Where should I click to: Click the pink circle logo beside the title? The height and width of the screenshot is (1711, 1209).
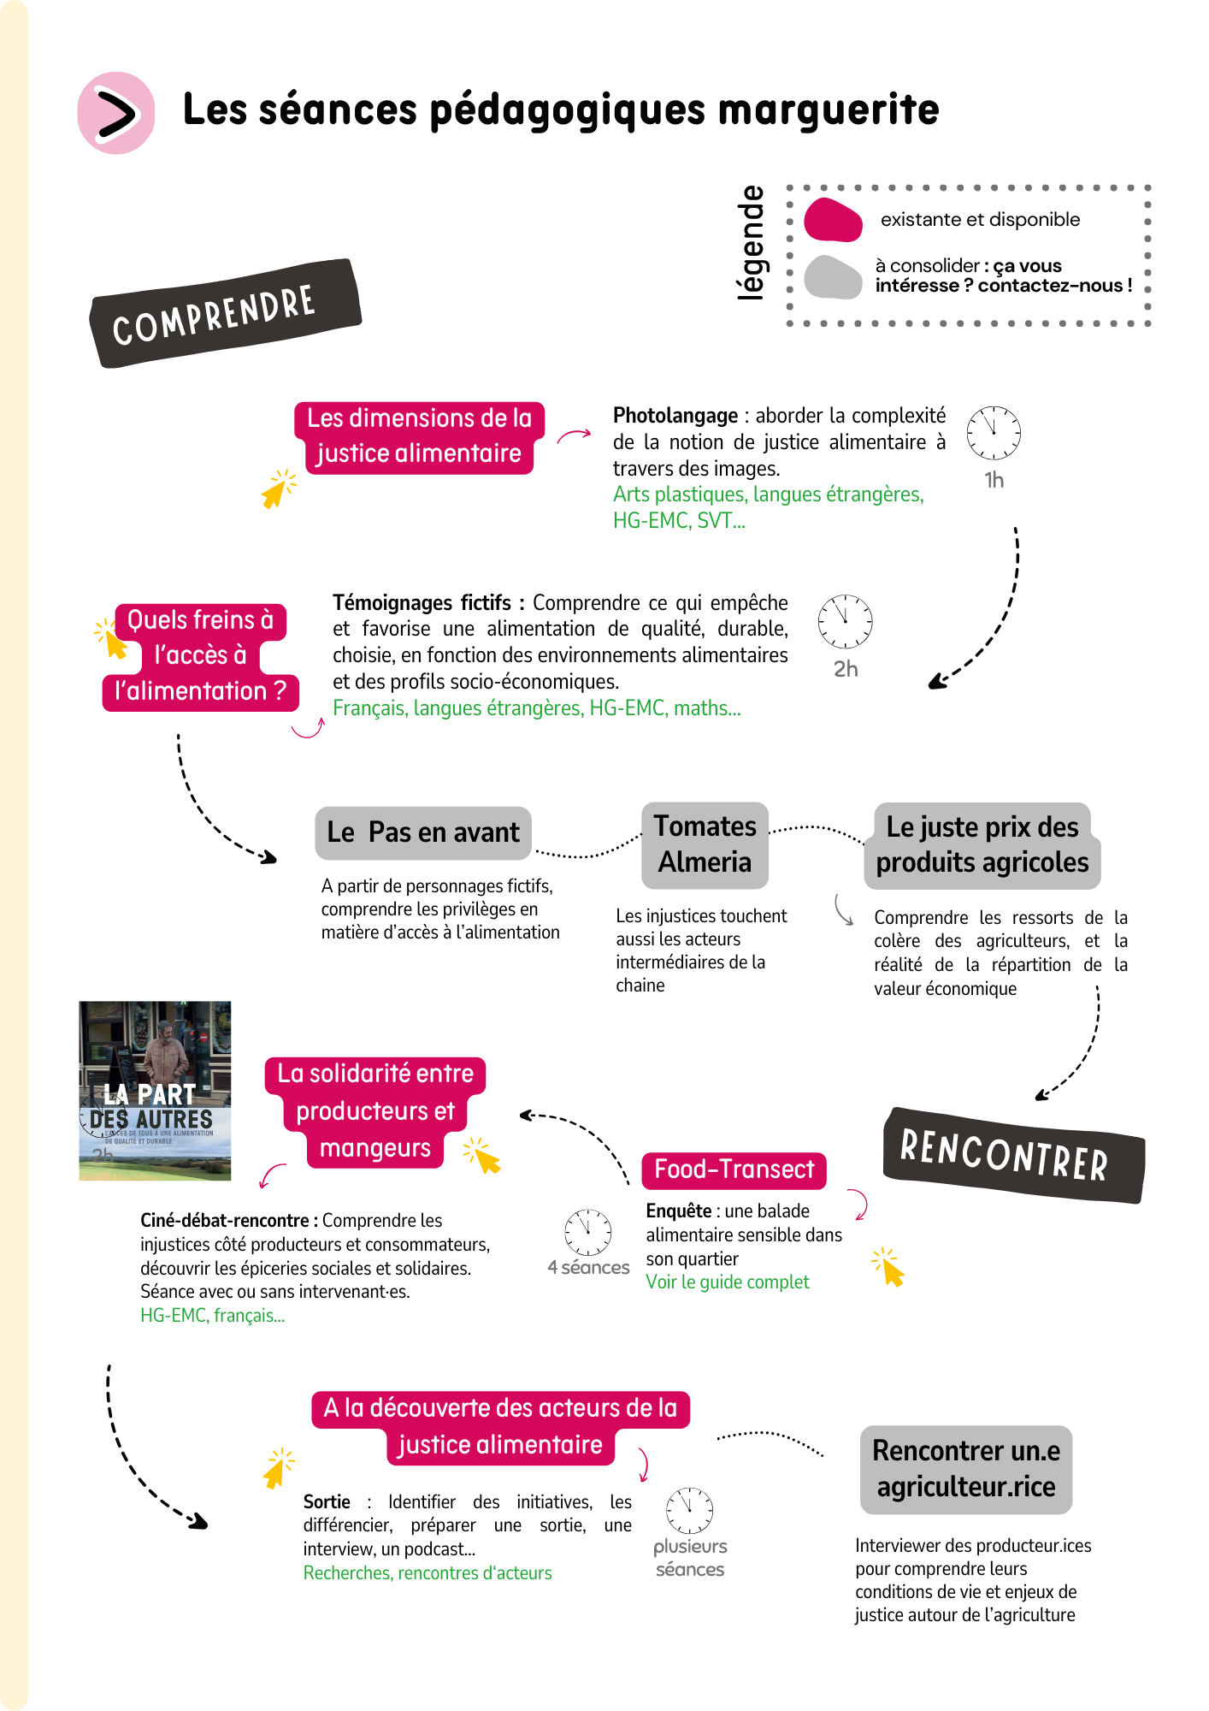(x=115, y=113)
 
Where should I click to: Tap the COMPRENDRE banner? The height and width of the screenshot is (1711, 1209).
(x=225, y=313)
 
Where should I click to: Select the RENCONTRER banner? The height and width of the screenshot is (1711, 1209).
(x=1012, y=1156)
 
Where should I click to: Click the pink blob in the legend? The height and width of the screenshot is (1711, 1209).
(x=833, y=220)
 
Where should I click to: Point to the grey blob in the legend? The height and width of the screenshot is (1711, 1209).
(x=833, y=277)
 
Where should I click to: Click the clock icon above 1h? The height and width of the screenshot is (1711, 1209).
(x=994, y=433)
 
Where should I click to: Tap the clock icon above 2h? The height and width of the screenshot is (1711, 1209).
(x=845, y=621)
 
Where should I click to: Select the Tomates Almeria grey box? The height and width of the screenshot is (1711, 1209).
(x=705, y=844)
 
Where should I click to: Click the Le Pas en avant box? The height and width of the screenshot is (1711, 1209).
(x=423, y=832)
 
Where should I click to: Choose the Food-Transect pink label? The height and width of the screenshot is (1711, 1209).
(x=734, y=1169)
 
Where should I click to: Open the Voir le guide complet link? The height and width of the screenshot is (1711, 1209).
(x=727, y=1282)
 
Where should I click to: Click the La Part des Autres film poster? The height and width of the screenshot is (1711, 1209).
(x=155, y=1091)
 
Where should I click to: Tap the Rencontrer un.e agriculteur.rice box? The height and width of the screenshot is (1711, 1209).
(x=965, y=1469)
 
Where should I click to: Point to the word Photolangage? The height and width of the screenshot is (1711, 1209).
(x=675, y=416)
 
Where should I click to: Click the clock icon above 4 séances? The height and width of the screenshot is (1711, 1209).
(x=588, y=1232)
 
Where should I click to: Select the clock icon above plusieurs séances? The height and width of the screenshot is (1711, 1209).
(x=689, y=1511)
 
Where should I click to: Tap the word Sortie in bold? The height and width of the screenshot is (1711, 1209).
(x=327, y=1502)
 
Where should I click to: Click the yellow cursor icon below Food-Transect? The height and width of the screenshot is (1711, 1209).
(x=889, y=1267)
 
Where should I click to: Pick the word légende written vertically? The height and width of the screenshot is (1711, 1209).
(x=752, y=243)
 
